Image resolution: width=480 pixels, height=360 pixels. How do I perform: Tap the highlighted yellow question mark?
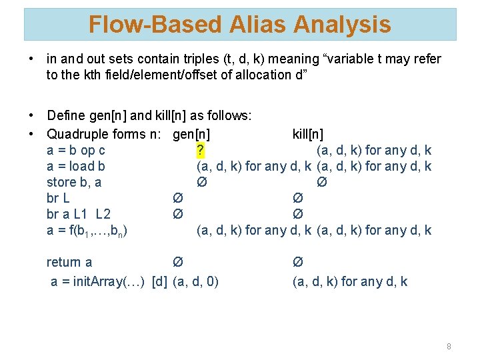201,150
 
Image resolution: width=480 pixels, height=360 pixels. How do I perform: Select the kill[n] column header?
308,134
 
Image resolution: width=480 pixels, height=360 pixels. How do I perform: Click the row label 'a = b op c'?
76,150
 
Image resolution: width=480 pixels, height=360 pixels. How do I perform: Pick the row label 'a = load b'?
76,166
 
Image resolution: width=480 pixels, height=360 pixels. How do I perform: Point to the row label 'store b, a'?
74,182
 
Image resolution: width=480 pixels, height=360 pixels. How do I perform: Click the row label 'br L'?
58,198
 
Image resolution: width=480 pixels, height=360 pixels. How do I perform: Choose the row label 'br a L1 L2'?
79,214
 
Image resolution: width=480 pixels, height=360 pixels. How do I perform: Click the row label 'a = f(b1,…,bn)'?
87,231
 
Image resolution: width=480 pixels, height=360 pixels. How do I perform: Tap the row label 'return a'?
69,262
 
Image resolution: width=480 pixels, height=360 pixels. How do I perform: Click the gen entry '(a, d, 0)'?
196,281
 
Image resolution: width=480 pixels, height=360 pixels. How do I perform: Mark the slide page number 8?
449,346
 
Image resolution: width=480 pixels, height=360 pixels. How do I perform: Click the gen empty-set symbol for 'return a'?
177,262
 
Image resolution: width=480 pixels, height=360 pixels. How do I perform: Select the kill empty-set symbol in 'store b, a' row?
321,182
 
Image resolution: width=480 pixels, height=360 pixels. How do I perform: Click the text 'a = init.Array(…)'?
99,281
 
